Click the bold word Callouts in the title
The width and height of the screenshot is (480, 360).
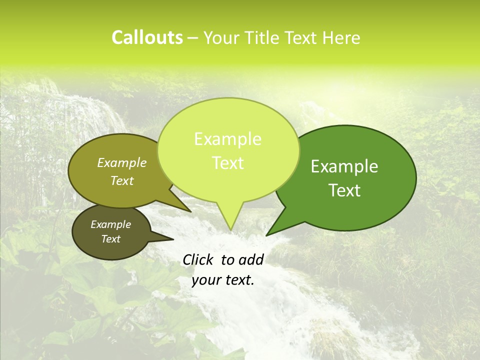(147, 37)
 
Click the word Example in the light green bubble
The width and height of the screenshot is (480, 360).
(227, 139)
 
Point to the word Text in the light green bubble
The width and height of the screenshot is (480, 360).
(227, 163)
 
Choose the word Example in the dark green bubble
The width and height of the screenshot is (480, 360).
(344, 166)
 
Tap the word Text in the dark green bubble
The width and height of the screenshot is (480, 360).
(345, 190)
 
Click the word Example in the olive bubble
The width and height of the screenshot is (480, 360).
(121, 162)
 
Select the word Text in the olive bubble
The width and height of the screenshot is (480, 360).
(122, 180)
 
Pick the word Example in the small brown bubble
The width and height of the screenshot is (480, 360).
(110, 224)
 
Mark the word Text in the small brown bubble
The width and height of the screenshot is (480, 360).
(110, 239)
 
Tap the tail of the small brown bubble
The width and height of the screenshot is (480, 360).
(167, 237)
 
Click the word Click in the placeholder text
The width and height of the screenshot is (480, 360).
(198, 259)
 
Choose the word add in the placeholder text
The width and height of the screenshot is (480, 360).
(251, 259)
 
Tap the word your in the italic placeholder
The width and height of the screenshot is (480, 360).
(206, 280)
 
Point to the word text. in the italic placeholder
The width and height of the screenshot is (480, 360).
(238, 280)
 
